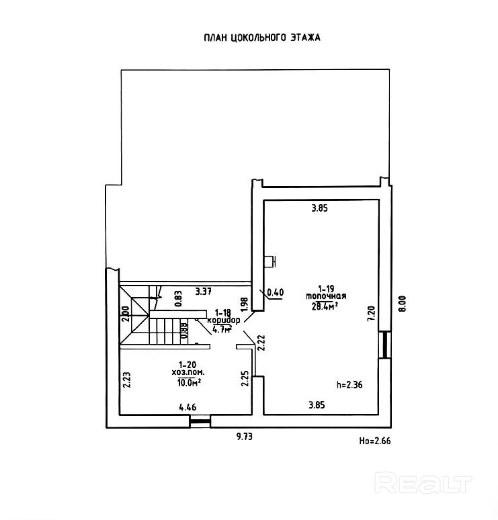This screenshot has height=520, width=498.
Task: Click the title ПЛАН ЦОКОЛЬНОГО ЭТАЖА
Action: [x=262, y=38]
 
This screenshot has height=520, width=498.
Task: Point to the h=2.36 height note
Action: [x=349, y=385]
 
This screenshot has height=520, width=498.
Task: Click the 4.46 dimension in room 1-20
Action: [x=189, y=406]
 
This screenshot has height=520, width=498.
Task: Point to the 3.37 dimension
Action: [x=204, y=292]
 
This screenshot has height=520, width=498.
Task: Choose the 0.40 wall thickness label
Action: [x=276, y=292]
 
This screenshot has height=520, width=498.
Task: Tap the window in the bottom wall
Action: [x=199, y=422]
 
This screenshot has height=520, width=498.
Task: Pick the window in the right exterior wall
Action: [x=384, y=344]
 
